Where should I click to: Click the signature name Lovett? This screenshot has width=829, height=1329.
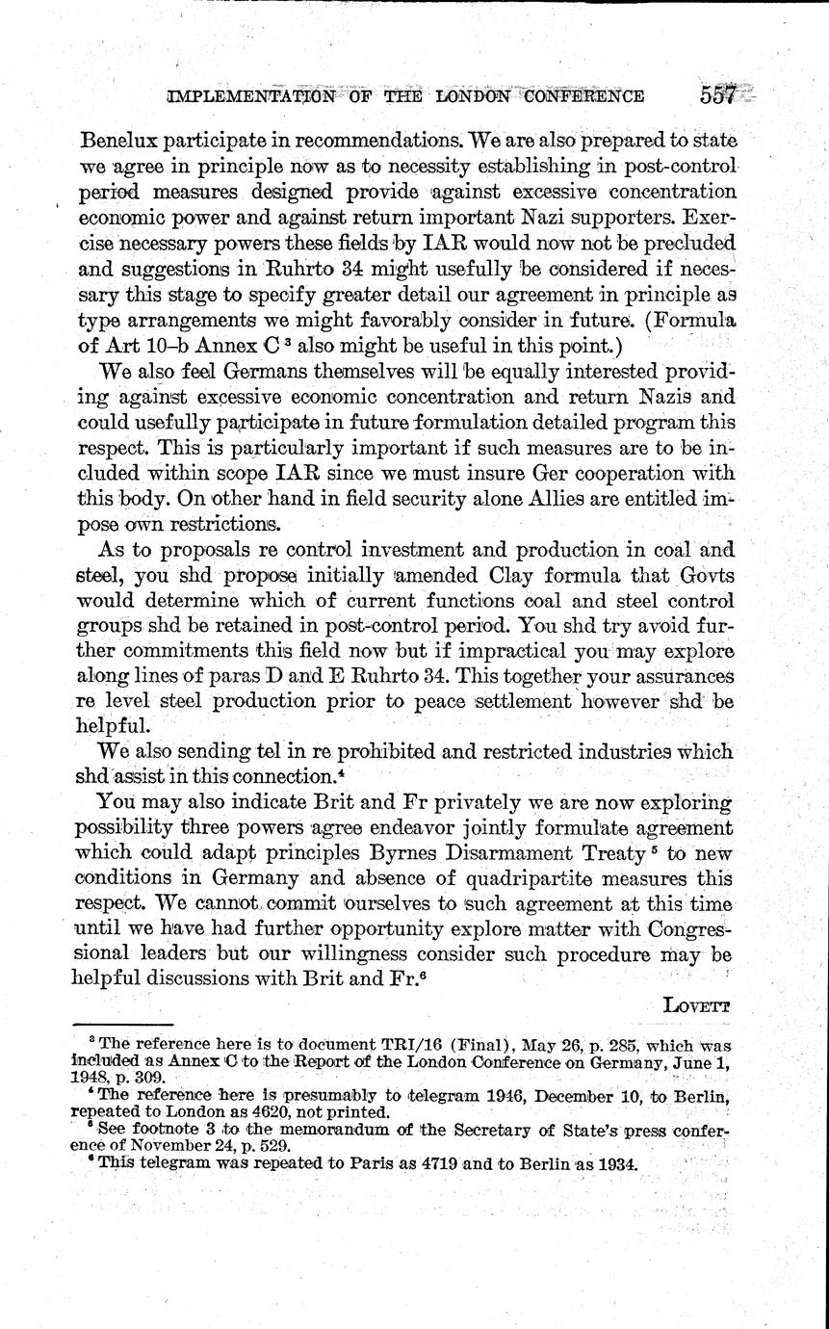pyautogui.click(x=697, y=1003)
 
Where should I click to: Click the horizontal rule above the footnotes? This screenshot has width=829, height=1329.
pyautogui.click(x=122, y=1026)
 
